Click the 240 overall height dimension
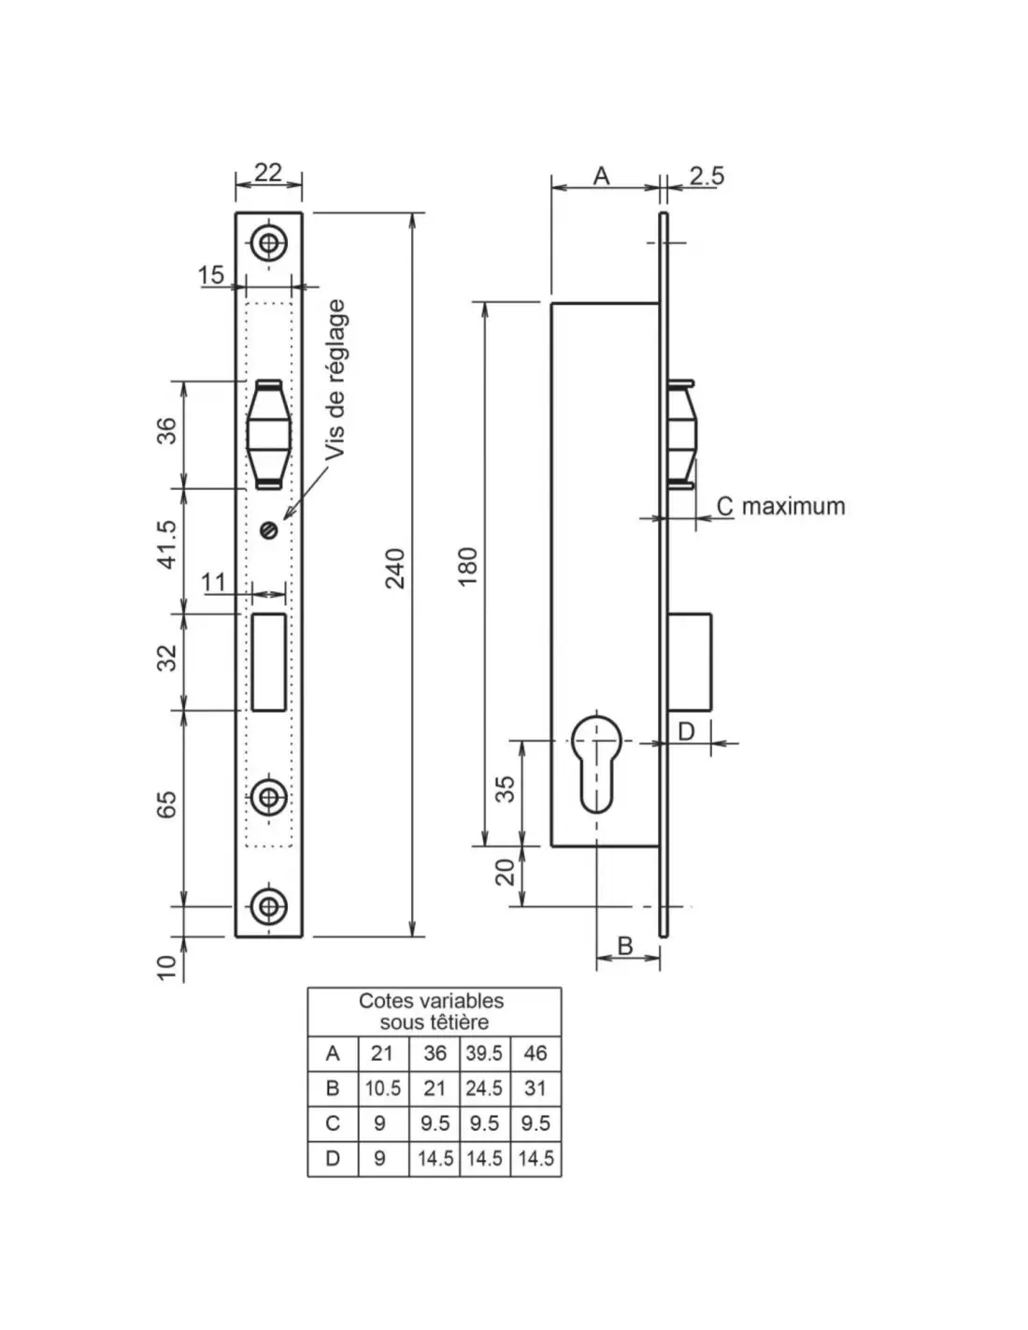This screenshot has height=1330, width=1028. coord(396,568)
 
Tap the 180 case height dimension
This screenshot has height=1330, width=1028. coord(468,566)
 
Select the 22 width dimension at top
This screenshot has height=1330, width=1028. coord(267,173)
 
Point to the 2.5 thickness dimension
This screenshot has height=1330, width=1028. coord(707,176)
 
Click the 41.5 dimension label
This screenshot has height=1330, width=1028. coord(166,543)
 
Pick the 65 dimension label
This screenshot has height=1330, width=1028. coord(166,804)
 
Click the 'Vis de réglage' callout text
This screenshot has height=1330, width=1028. coord(336,378)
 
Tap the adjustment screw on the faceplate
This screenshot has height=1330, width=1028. coord(270,530)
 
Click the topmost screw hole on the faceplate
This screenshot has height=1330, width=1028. coord(269,244)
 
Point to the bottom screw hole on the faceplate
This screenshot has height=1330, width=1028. coord(269,905)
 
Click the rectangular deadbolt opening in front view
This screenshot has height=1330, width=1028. coord(268,661)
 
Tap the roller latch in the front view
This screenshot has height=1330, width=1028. coord(269,434)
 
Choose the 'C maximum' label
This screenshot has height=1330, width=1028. coord(780,506)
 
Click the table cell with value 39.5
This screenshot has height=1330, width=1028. coord(484,1053)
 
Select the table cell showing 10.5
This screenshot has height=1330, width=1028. coord(383,1089)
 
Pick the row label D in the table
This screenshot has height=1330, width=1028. coord(333,1159)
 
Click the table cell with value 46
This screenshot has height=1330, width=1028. coord(535,1053)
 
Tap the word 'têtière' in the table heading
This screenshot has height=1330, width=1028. coord(459,1022)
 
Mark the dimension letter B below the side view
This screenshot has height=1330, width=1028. coord(625,946)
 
